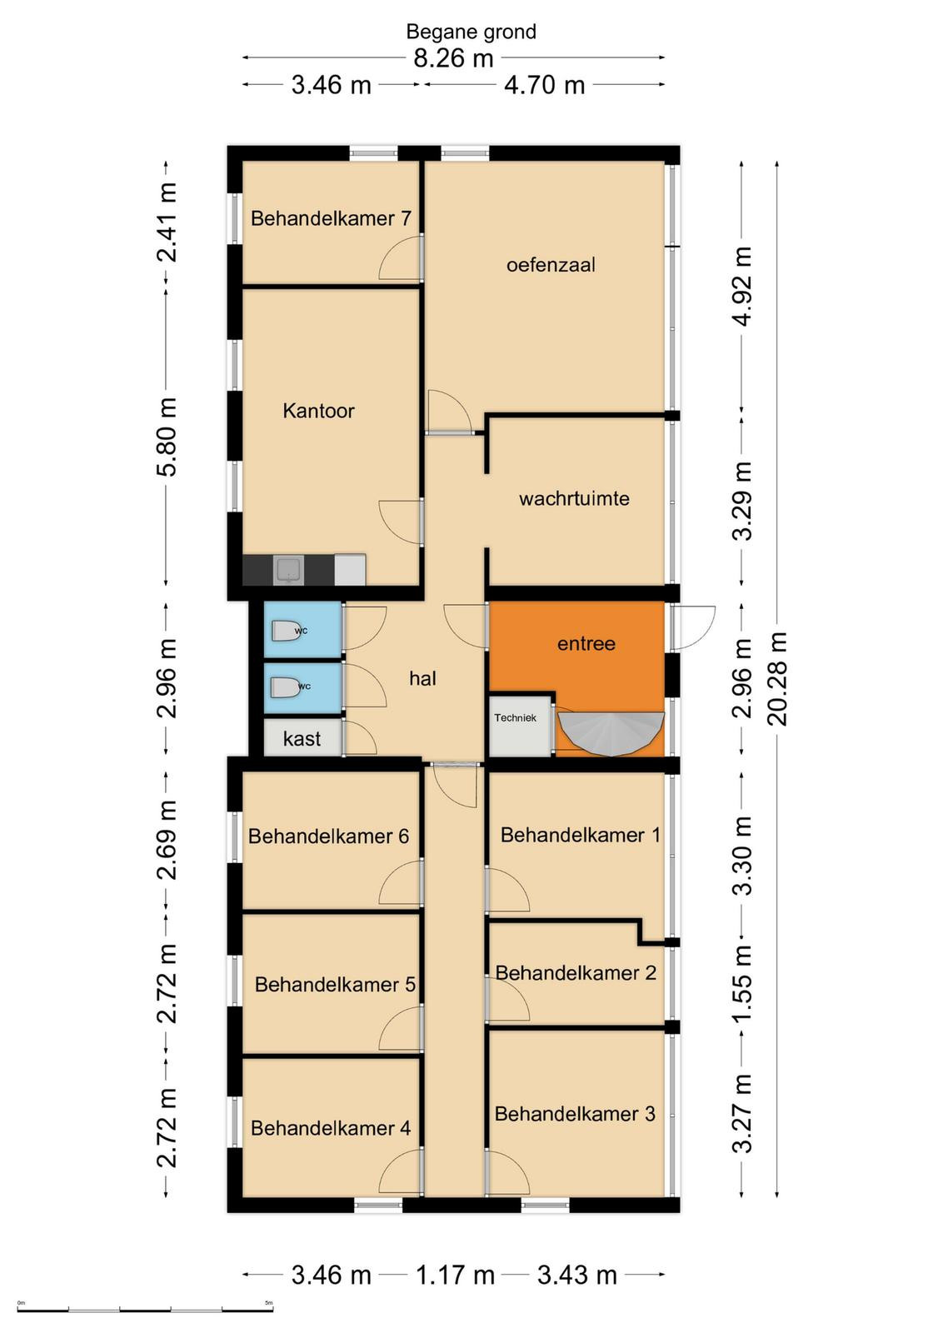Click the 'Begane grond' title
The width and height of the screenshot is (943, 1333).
tap(471, 32)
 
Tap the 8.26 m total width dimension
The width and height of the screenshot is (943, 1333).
tap(453, 58)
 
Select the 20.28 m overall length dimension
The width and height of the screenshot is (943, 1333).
tap(777, 679)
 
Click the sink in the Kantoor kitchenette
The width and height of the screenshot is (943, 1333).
tap(288, 570)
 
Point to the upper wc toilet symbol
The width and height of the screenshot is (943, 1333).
tap(286, 631)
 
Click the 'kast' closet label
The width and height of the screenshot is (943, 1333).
tap(302, 739)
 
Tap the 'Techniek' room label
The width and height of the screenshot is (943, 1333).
tap(515, 717)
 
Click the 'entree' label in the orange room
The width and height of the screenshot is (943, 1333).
tap(586, 643)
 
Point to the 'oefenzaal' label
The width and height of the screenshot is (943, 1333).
tap(551, 265)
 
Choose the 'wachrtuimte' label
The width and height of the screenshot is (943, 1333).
tap(574, 499)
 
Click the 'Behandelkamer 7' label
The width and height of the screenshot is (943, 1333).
tap(331, 218)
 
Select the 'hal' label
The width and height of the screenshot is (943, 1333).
tap(422, 678)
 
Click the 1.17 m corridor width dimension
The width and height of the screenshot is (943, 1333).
tap(455, 1276)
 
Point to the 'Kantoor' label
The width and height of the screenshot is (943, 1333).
tap(318, 411)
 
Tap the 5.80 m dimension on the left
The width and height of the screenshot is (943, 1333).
tap(166, 437)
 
